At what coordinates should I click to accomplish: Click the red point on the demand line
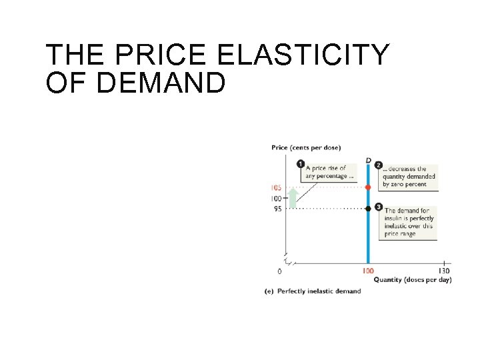pyautogui.click(x=368, y=188)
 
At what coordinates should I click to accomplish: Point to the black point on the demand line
pyautogui.click(x=368, y=209)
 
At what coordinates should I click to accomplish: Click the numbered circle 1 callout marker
pyautogui.click(x=301, y=164)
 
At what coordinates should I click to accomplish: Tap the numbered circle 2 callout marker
pyautogui.click(x=379, y=165)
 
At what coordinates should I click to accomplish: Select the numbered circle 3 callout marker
pyautogui.click(x=379, y=207)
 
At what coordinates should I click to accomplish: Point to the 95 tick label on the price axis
pyautogui.click(x=277, y=209)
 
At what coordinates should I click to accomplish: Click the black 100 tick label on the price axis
pyautogui.click(x=275, y=199)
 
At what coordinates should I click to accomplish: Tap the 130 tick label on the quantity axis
pyautogui.click(x=444, y=271)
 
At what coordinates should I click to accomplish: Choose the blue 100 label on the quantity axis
pyautogui.click(x=368, y=271)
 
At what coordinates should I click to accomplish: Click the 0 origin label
pyautogui.click(x=279, y=271)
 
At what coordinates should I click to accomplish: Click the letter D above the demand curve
pyautogui.click(x=368, y=160)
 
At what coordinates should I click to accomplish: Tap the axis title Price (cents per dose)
pyautogui.click(x=306, y=147)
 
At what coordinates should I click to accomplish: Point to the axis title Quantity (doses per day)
pyautogui.click(x=412, y=280)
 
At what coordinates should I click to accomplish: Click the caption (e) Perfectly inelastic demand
pyautogui.click(x=313, y=291)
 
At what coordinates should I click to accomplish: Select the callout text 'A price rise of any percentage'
pyautogui.click(x=327, y=172)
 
